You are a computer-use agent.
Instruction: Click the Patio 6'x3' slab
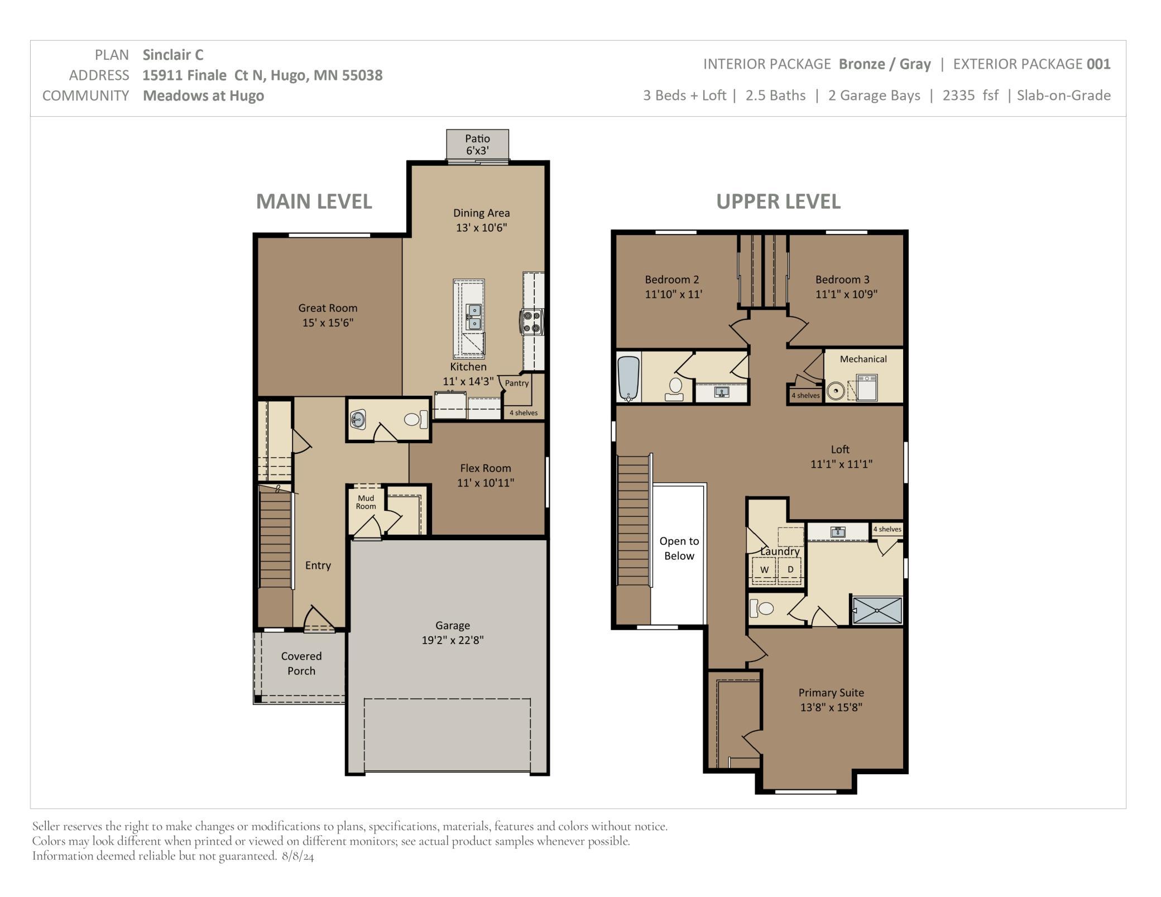click(x=477, y=144)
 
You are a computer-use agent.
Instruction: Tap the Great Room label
click(x=328, y=308)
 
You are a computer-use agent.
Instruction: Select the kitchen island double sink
click(x=474, y=316)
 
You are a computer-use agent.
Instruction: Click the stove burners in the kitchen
click(x=532, y=322)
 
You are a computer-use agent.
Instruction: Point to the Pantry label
click(x=517, y=383)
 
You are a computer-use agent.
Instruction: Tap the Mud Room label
click(x=366, y=502)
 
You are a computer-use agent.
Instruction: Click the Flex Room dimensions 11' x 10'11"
click(x=486, y=483)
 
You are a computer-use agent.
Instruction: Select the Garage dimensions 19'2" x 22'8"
click(x=453, y=640)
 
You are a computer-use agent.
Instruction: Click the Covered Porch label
click(x=301, y=663)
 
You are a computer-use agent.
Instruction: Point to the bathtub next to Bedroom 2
click(x=629, y=379)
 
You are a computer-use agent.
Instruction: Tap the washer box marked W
click(x=765, y=570)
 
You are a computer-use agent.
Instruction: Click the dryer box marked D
click(x=790, y=570)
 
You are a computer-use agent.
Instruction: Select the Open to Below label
click(x=679, y=548)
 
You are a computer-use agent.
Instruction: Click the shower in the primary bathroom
click(x=877, y=610)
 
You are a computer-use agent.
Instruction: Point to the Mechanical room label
click(x=863, y=359)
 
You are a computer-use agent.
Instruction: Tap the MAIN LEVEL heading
click(x=314, y=202)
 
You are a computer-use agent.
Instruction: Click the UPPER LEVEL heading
click(x=778, y=202)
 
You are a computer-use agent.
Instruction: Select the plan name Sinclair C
click(x=173, y=55)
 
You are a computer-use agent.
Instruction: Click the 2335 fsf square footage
click(x=971, y=95)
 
